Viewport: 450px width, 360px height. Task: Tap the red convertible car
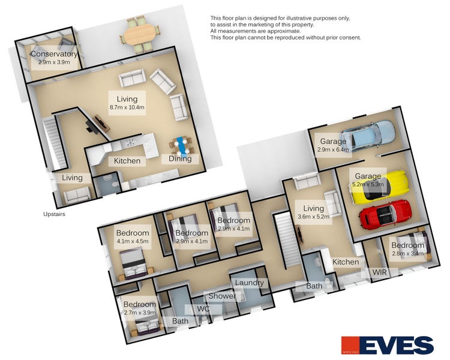click(x=385, y=214)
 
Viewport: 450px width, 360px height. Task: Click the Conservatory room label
click(x=54, y=54)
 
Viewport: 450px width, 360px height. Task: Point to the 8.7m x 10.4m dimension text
click(x=127, y=107)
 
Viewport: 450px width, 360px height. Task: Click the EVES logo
click(x=387, y=345)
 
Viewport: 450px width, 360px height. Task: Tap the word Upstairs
click(x=54, y=214)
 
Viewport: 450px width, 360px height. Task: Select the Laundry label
click(x=249, y=283)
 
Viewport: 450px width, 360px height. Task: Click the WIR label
click(x=379, y=272)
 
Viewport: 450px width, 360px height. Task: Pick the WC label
click(x=203, y=309)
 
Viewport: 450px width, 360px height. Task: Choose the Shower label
click(x=222, y=296)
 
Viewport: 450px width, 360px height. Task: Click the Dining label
click(x=180, y=158)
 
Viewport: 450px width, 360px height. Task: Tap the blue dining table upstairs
click(x=181, y=145)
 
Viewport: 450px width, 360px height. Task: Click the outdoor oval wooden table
click(x=139, y=34)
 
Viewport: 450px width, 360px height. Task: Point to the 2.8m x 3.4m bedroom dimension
click(x=407, y=253)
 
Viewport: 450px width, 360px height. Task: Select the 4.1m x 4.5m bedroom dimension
click(x=133, y=241)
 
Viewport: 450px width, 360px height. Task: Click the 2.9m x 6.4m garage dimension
click(x=333, y=149)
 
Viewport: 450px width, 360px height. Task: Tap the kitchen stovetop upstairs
click(x=130, y=142)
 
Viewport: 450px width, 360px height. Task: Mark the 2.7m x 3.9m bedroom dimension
click(x=140, y=313)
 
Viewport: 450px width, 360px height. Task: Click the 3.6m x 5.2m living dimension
click(x=313, y=217)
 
